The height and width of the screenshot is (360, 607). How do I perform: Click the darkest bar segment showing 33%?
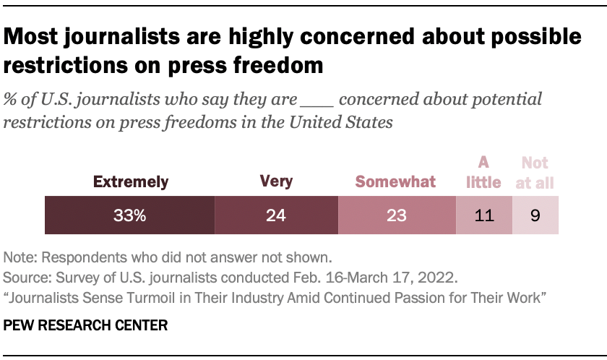coord(130,215)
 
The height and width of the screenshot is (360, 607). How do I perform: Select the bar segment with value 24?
coord(276,215)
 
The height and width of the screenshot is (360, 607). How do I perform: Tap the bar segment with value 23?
coord(396,215)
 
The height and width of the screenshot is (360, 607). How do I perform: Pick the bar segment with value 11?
coord(483,215)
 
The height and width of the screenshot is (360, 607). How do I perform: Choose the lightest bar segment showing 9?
coord(535,215)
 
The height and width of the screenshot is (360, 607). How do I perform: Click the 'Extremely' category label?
coord(130,182)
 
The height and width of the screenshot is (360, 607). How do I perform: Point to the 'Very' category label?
coord(276,182)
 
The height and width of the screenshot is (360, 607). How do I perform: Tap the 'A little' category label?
coord(483,173)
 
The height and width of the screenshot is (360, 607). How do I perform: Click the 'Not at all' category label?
coord(535,173)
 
